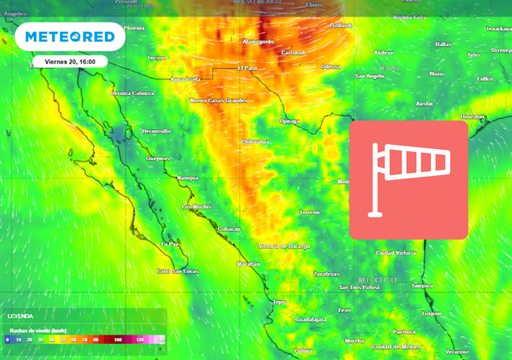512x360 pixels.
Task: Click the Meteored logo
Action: pyautogui.click(x=70, y=38)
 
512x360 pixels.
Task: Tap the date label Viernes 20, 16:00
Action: pyautogui.click(x=71, y=61)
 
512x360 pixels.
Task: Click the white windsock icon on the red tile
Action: pyautogui.click(x=408, y=179)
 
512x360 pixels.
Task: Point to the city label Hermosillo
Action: pyautogui.click(x=128, y=131)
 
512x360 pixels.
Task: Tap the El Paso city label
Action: pyautogui.click(x=247, y=68)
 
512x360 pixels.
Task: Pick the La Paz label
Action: pyautogui.click(x=171, y=242)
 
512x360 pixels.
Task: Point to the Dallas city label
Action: pyautogui.click(x=443, y=44)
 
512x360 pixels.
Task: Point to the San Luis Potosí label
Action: pyautogui.click(x=357, y=287)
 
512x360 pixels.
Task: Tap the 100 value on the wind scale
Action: pyautogui.click(x=118, y=341)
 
